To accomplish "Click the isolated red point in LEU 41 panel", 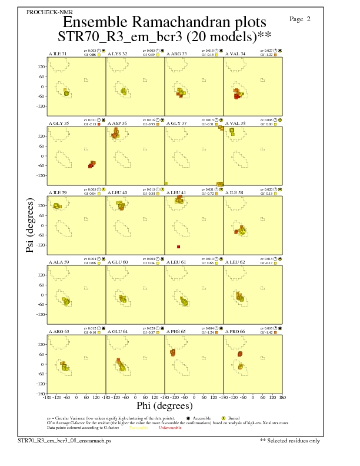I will click(x=178, y=247).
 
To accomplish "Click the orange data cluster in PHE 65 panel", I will click(x=173, y=352).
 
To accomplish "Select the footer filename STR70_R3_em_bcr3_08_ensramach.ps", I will click(x=64, y=440).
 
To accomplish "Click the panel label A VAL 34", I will click(x=235, y=54).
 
